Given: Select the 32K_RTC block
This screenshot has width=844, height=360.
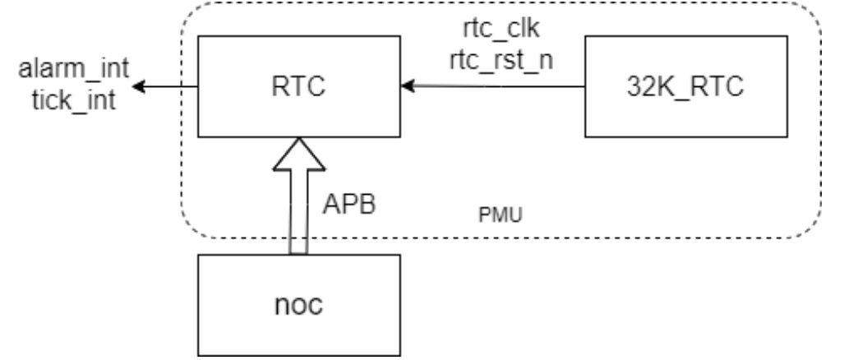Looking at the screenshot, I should [685, 85].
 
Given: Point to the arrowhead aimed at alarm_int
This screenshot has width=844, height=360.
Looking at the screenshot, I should [140, 85].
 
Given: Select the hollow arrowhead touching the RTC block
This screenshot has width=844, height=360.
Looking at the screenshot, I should [298, 152].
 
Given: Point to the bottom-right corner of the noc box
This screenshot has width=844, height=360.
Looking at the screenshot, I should [400, 353].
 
